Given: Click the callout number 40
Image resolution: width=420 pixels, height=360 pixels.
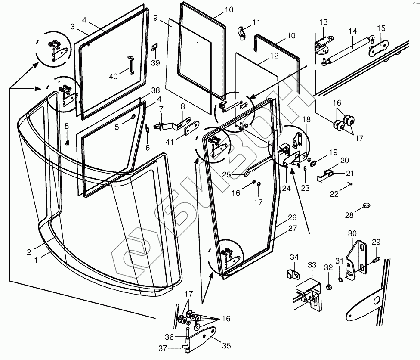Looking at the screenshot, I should (x=113, y=76).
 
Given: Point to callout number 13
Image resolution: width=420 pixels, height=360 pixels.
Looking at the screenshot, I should (x=323, y=22).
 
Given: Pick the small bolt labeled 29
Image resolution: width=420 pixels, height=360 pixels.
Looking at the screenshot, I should (x=376, y=260).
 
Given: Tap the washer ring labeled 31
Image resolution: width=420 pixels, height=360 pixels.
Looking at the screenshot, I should (x=340, y=280).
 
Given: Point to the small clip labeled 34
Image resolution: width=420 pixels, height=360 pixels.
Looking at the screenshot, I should (x=292, y=273).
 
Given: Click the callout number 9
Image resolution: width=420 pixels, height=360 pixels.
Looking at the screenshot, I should (x=155, y=19).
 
